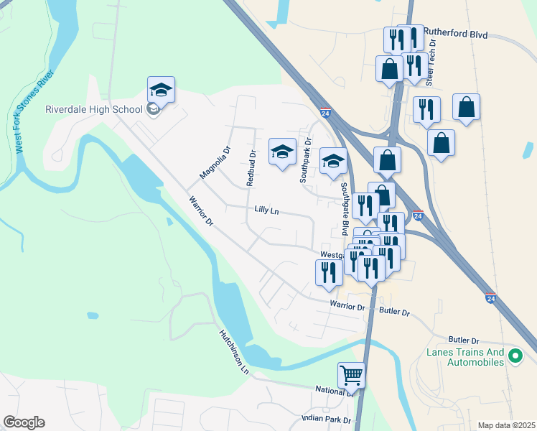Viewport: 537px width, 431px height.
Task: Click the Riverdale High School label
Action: coord(94,110)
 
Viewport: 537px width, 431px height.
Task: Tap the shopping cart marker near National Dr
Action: coord(351,375)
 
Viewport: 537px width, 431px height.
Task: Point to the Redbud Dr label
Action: coord(251,168)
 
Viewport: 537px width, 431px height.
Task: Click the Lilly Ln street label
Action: coord(266,211)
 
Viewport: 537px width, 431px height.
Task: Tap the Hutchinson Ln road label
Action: coord(234,352)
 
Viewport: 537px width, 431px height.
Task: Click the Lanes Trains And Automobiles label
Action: coord(466,357)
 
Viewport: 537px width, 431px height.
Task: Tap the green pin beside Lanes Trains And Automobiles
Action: coord(515,355)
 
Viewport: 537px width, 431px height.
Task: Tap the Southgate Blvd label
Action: coord(345,208)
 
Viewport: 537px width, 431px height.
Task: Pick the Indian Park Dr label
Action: coord(327,419)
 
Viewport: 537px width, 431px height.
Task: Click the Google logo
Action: coord(24,422)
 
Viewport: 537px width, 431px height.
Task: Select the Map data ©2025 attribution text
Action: coord(506,425)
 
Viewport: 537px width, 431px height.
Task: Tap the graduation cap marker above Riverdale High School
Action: coord(161,90)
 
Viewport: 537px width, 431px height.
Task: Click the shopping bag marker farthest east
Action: coord(466,107)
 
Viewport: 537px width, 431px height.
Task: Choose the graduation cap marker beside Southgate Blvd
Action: coord(333,161)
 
